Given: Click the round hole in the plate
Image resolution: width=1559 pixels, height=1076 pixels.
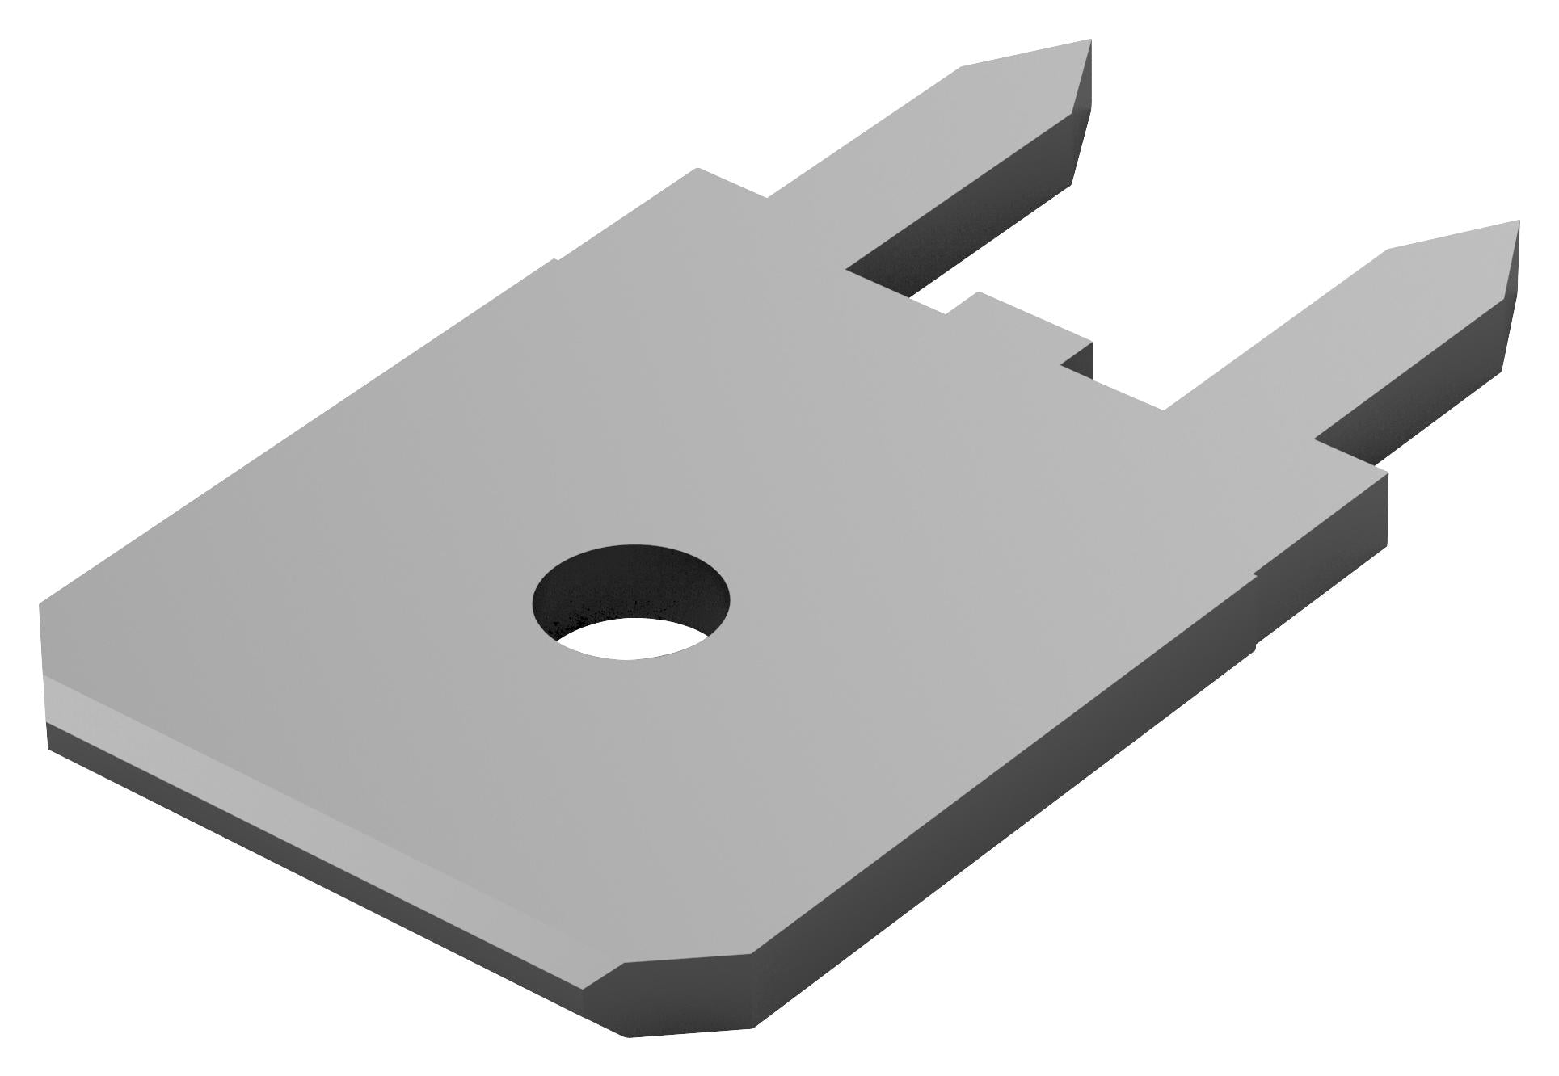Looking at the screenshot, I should [630, 602].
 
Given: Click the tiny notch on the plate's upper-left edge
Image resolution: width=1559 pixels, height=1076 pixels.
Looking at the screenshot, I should [554, 261].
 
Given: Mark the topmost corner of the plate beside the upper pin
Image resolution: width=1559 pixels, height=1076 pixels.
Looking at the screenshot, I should [698, 170].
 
